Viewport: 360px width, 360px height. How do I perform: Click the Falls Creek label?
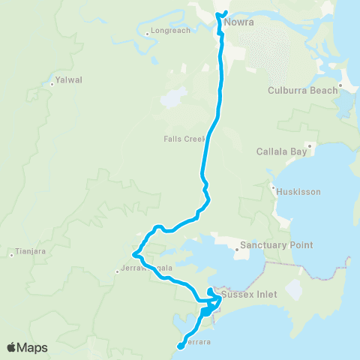(x=184, y=139)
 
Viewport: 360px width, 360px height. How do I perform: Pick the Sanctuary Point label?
(x=275, y=245)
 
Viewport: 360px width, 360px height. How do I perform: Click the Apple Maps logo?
(x=27, y=347)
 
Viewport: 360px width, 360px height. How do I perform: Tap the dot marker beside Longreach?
(x=146, y=33)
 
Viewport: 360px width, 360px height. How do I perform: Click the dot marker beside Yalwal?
(x=52, y=84)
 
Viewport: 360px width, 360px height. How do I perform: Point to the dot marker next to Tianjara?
(x=13, y=255)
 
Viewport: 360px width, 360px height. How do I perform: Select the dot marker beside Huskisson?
(x=274, y=187)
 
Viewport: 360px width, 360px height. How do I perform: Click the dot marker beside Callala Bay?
(x=309, y=146)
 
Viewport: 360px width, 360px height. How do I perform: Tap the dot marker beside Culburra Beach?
(x=340, y=85)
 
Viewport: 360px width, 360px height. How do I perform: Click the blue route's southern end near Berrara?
(x=180, y=346)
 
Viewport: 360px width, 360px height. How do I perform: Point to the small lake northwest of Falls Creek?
(x=173, y=97)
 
